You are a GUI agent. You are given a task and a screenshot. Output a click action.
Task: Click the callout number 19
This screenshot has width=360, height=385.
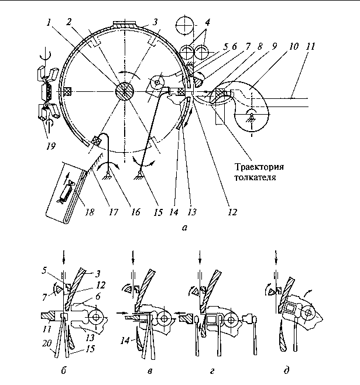pyautogui.click(x=51, y=146)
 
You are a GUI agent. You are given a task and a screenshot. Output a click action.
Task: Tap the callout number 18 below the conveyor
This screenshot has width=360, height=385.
pyautogui.click(x=90, y=212)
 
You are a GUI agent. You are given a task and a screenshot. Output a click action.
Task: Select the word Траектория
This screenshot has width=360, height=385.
pyautogui.click(x=259, y=167)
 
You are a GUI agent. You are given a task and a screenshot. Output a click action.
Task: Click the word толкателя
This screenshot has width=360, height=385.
pyautogui.click(x=255, y=177)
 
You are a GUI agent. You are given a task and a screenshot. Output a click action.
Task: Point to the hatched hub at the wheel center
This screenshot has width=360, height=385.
pyautogui.click(x=125, y=91)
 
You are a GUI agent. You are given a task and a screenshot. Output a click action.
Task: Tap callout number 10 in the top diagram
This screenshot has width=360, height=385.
pyautogui.click(x=293, y=46)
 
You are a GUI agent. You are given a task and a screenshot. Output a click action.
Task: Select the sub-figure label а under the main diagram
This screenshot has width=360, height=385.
pyautogui.click(x=184, y=228)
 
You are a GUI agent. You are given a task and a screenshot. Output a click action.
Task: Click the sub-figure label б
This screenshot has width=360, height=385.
pyautogui.click(x=64, y=370)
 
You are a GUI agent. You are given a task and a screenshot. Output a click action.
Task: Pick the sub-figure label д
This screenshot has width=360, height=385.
pyautogui.click(x=286, y=370)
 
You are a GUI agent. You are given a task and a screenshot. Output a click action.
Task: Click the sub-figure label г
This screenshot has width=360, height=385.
pyautogui.click(x=212, y=371)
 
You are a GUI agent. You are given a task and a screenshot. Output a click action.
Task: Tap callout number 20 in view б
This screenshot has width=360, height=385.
pyautogui.click(x=47, y=343)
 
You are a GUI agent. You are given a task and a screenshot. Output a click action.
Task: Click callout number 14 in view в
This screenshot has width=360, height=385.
pyautogui.click(x=125, y=341)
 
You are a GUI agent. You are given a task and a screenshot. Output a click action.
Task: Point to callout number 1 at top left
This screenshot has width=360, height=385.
pyautogui.click(x=49, y=23)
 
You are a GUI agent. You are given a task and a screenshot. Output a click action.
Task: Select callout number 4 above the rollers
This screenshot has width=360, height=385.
pyautogui.click(x=207, y=22)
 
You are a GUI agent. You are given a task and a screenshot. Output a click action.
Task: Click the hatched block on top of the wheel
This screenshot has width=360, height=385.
pyautogui.click(x=124, y=24)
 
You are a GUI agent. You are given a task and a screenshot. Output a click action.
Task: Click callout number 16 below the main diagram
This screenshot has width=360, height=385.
pyautogui.click(x=136, y=212)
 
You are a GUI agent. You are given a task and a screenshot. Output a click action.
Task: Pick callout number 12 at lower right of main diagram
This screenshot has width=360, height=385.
pyautogui.click(x=232, y=212)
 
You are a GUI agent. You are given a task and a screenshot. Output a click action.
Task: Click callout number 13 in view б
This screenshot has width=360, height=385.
pyautogui.click(x=90, y=338)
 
